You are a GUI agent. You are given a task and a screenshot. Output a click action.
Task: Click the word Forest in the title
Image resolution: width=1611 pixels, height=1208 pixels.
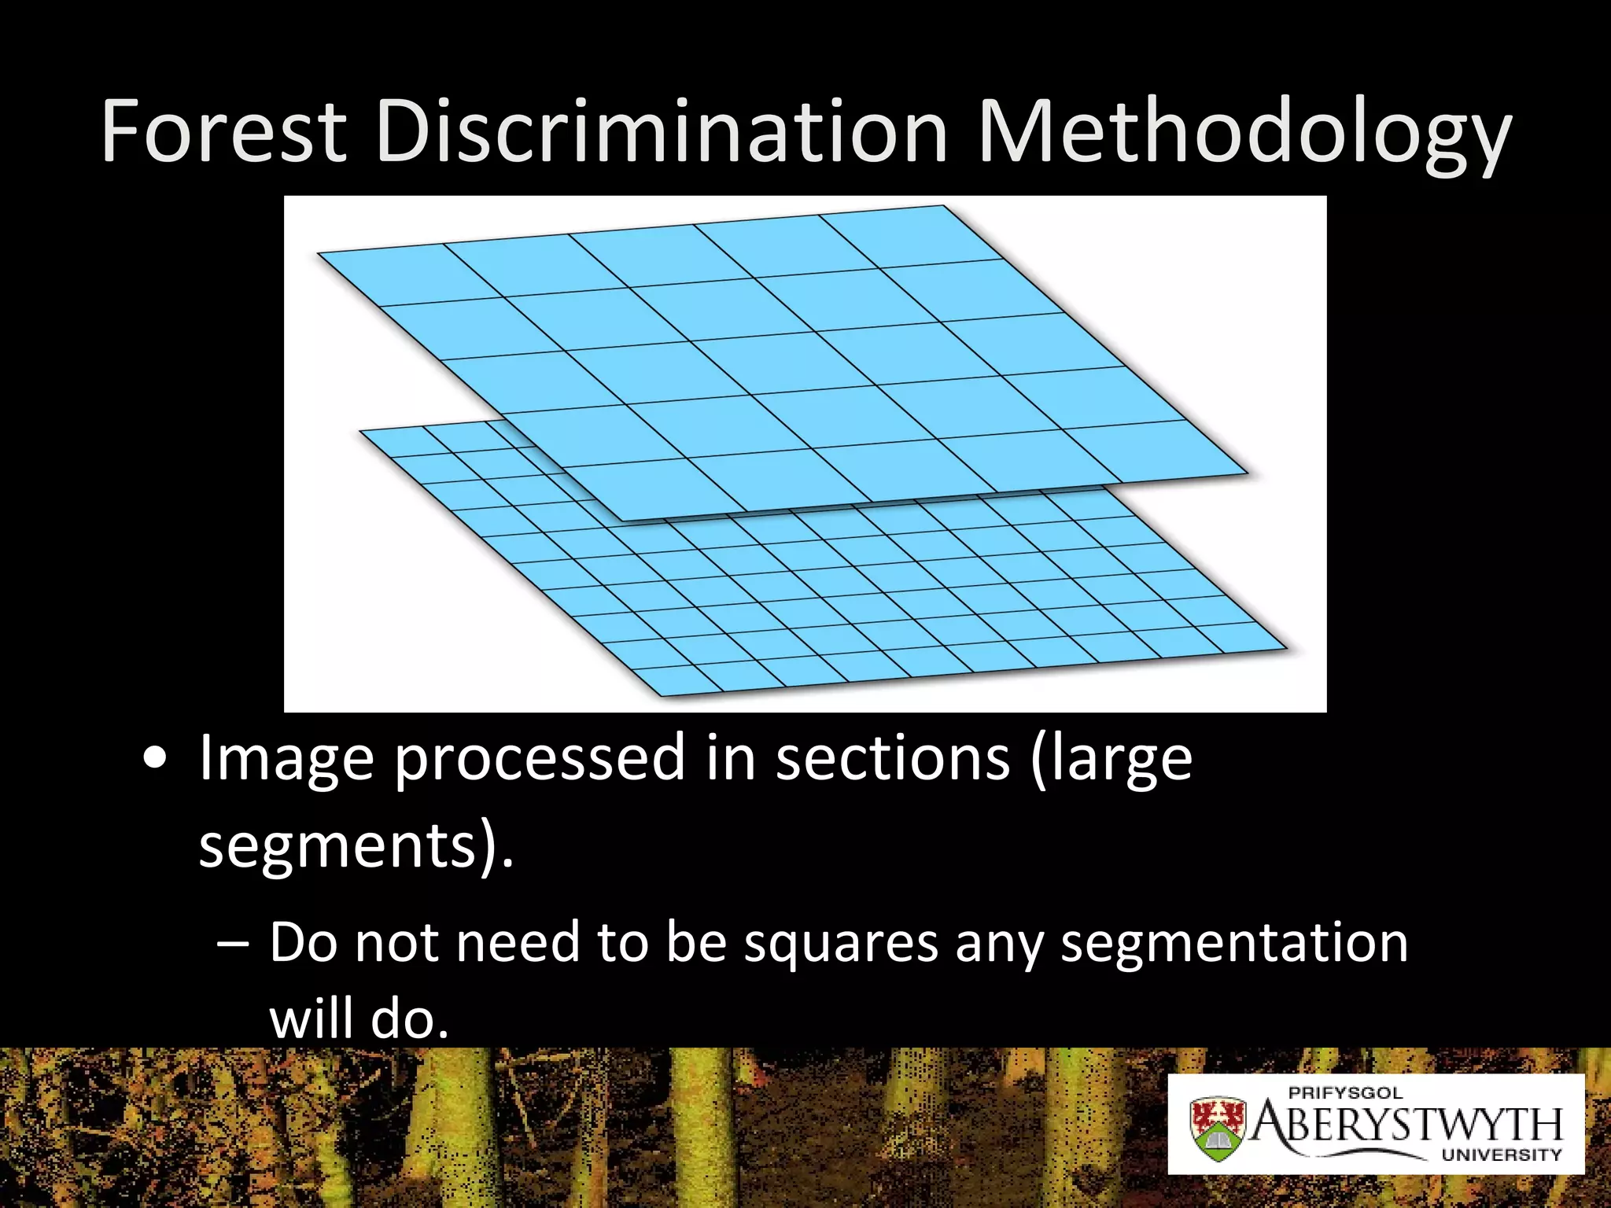pyautogui.click(x=223, y=131)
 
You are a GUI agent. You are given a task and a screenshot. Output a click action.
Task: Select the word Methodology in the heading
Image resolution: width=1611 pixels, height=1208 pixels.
pyautogui.click(x=1243, y=134)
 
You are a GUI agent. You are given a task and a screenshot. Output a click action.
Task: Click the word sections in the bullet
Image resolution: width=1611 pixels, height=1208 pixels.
pyautogui.click(x=893, y=757)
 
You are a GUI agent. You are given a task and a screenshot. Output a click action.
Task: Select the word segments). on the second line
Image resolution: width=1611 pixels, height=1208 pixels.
pyautogui.click(x=356, y=846)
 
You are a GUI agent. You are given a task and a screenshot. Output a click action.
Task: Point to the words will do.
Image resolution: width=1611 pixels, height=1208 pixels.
pyautogui.click(x=359, y=1020)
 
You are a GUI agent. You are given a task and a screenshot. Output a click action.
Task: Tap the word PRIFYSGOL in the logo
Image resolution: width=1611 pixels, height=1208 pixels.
pyautogui.click(x=1345, y=1093)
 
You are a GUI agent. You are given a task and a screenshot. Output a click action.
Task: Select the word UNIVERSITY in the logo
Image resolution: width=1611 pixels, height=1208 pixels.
pyautogui.click(x=1501, y=1155)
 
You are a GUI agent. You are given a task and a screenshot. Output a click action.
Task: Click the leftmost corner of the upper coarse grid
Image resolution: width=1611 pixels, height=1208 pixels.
pyautogui.click(x=319, y=253)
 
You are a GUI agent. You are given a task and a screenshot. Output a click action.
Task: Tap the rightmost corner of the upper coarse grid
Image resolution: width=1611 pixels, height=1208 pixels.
pyautogui.click(x=1247, y=473)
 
